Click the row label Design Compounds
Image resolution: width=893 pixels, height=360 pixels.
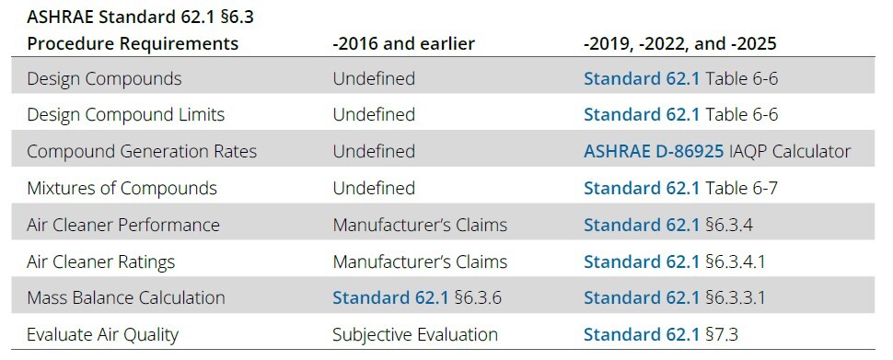tap(104, 78)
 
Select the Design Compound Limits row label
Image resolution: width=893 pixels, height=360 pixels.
tap(125, 115)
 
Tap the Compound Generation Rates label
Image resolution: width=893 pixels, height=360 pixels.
tap(142, 151)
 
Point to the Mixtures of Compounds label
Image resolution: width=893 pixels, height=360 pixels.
tap(122, 188)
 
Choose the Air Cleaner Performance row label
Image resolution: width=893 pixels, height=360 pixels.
tap(123, 225)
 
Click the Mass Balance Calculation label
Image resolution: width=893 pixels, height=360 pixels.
tap(126, 297)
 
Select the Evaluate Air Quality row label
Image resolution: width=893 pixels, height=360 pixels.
tap(102, 334)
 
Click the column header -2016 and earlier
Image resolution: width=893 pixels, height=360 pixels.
tap(404, 43)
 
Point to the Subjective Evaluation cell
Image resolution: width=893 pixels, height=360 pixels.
tap(414, 334)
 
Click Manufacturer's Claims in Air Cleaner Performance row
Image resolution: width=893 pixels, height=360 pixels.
tap(419, 225)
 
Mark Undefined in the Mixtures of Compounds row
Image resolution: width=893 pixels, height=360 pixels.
tap(373, 188)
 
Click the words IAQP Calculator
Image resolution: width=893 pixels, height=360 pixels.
tap(790, 151)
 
